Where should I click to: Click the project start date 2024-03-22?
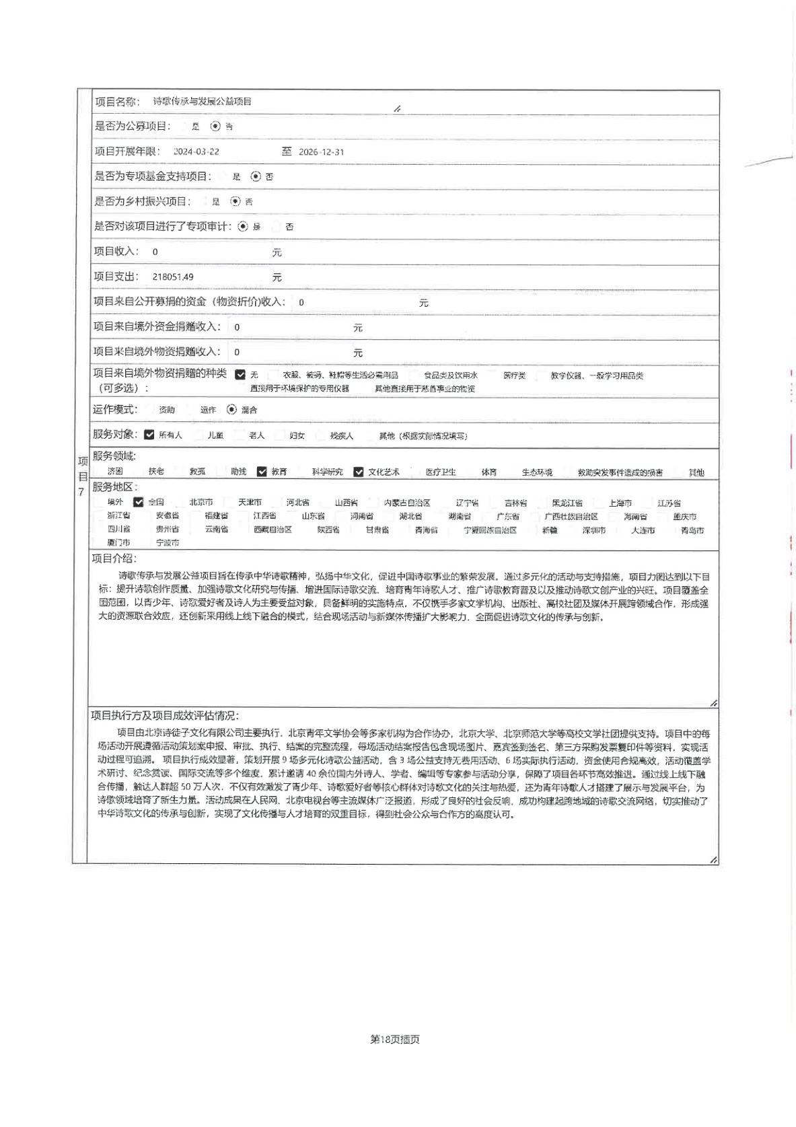coord(196,152)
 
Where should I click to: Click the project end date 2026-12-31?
coord(321,152)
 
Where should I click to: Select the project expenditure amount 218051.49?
coord(173,277)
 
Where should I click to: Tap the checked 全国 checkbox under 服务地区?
coord(139,502)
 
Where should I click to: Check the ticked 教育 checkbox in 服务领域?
coord(262,472)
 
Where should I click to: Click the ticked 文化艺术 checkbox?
coord(359,472)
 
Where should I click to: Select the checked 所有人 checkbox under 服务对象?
coord(149,435)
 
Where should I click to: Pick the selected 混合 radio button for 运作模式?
coord(232,409)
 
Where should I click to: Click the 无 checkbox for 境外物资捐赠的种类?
coord(240,375)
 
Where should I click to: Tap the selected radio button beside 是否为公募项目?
coord(215,126)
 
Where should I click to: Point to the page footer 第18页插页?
coord(395,1040)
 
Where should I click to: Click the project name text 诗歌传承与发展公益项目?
coord(202,102)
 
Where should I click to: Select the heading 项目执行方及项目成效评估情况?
coord(165,716)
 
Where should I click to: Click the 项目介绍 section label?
coord(114,558)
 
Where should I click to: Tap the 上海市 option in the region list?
coord(620,503)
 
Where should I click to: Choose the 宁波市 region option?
coord(168,542)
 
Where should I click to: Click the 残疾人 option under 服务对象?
coord(341,435)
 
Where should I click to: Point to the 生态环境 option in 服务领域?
coord(537,472)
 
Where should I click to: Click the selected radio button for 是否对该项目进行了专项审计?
coord(243,227)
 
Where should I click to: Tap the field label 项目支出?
coord(116,277)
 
